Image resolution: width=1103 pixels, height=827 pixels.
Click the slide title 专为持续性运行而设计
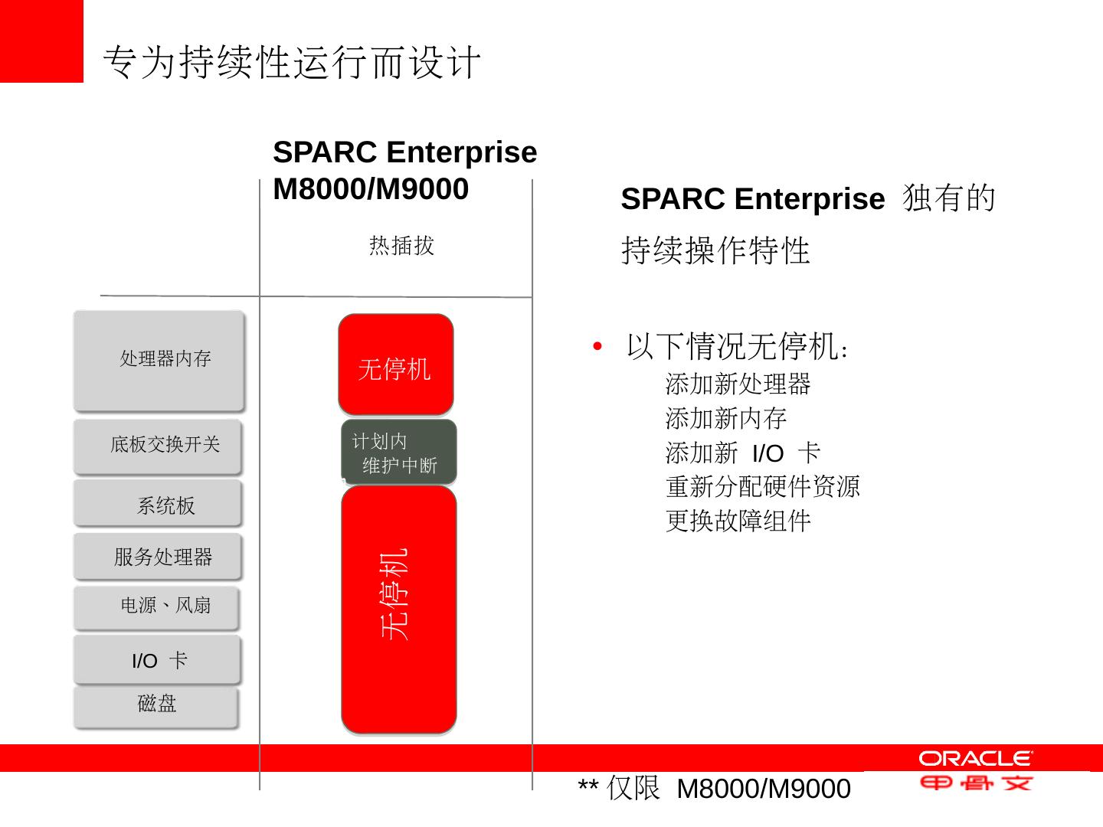coord(292,62)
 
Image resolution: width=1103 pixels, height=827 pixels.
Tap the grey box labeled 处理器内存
coord(159,360)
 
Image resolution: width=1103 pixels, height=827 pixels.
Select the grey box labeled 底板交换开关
coord(158,446)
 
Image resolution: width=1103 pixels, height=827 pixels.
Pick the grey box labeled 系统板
coord(158,504)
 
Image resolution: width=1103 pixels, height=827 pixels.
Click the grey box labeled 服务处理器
coord(158,557)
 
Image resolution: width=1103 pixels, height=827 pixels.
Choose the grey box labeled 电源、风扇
coord(157,607)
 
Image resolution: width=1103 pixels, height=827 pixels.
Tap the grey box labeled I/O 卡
coord(157,659)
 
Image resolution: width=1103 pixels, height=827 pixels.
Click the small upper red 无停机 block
coord(395,365)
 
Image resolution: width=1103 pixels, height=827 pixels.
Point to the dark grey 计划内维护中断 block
coord(398,453)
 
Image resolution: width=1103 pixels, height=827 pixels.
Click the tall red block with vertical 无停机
coord(398,610)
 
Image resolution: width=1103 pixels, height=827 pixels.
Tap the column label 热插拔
coord(401,246)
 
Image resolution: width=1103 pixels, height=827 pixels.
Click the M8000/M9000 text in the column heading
coord(371,189)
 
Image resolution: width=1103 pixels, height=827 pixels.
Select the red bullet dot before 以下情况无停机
coord(597,346)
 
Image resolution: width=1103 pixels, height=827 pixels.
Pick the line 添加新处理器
coord(738,384)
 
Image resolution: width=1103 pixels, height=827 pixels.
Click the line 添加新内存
coord(725,418)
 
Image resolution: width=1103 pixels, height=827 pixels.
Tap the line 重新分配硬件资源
coord(763,486)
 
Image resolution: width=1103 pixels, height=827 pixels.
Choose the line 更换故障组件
coord(738,521)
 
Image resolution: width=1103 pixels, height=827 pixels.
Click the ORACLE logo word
coord(975,758)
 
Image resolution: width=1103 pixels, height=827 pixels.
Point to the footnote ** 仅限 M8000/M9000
coord(714,788)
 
